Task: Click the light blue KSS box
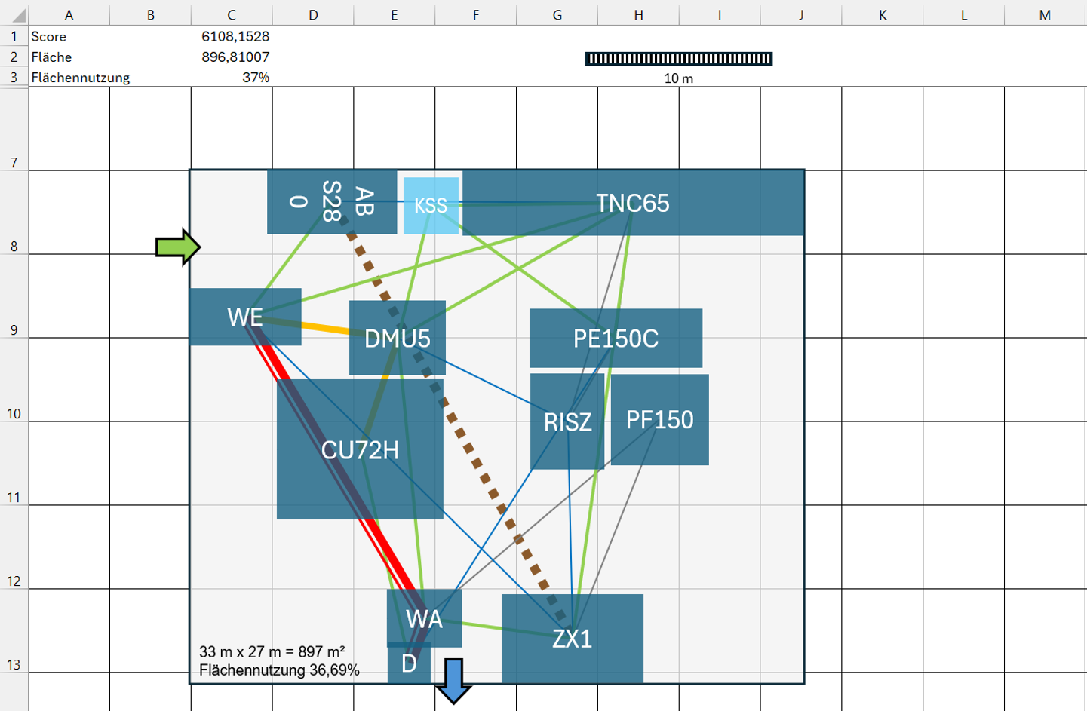click(431, 205)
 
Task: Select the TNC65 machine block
click(633, 203)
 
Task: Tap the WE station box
click(245, 317)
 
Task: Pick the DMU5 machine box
click(398, 338)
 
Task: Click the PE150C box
click(616, 338)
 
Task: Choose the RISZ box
click(567, 421)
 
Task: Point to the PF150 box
click(659, 419)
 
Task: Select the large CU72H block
click(360, 449)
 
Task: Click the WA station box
click(424, 618)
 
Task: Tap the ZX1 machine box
click(573, 639)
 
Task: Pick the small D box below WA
click(409, 663)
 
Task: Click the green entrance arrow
click(177, 247)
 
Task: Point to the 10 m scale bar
click(679, 59)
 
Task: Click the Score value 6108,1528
click(235, 36)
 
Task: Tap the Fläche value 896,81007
click(235, 57)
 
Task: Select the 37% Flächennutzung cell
click(256, 78)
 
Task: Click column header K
click(883, 16)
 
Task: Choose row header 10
click(14, 414)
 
